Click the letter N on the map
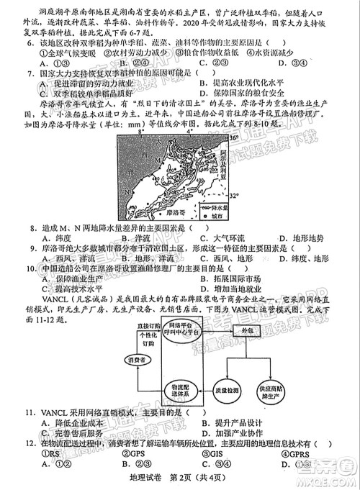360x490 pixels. pyautogui.click(x=127, y=192)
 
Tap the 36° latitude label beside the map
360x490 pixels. pyautogui.click(x=233, y=135)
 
